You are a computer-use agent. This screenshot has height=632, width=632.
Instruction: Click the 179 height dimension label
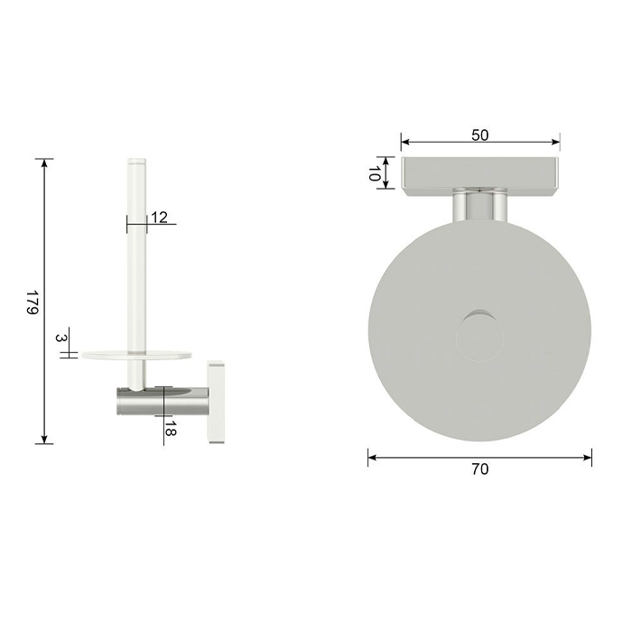[x=33, y=302]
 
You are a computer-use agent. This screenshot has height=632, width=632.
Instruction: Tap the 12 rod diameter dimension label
[x=159, y=218]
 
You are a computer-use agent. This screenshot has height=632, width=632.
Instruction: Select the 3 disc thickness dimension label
[x=60, y=338]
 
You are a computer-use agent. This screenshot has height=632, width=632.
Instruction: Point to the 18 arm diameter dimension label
[x=170, y=429]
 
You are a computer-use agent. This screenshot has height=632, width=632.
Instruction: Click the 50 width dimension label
[x=480, y=135]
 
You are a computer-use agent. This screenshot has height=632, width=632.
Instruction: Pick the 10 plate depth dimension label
[x=375, y=173]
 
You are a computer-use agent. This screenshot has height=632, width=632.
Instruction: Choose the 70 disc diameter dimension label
[x=479, y=469]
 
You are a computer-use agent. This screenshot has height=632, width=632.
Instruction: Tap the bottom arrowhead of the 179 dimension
[x=44, y=440]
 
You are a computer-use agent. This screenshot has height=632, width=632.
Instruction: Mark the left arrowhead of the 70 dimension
[x=372, y=457]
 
